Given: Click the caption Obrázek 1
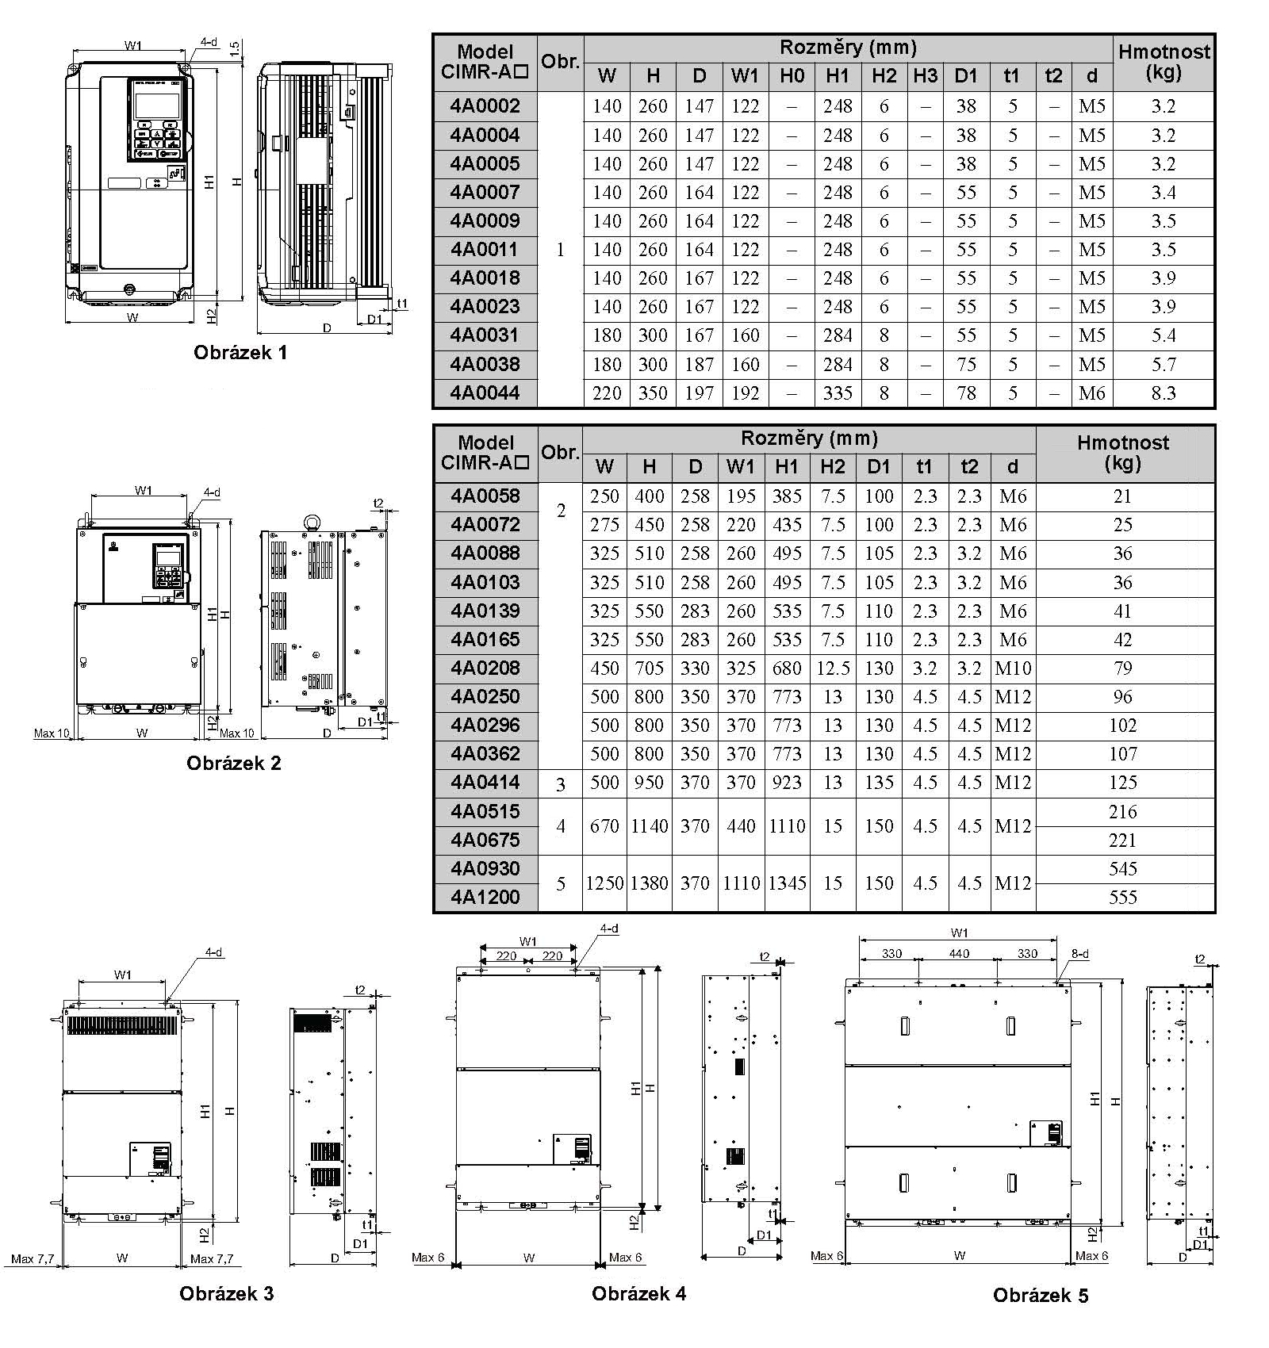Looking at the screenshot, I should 240,352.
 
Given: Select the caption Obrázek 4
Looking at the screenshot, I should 638,1293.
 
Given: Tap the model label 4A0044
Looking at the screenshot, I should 485,393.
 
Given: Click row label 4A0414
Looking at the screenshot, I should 485,783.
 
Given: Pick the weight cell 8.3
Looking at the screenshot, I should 1163,393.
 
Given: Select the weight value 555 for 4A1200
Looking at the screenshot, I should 1123,898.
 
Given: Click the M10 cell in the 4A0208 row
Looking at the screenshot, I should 1013,668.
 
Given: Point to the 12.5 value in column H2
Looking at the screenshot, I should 833,668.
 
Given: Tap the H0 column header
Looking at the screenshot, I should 792,76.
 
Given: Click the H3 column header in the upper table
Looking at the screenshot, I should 925,76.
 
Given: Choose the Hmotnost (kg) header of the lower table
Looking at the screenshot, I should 1123,453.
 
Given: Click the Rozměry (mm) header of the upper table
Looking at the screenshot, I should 848,48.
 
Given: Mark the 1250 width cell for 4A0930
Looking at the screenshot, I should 604,883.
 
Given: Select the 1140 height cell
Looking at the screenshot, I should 650,826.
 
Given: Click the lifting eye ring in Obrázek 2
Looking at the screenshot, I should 310,521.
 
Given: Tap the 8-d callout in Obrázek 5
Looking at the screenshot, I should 1080,954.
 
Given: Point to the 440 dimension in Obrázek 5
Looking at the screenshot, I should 959,954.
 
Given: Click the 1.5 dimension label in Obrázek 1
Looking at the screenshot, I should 235,49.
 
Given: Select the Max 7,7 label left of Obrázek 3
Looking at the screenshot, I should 33,1258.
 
